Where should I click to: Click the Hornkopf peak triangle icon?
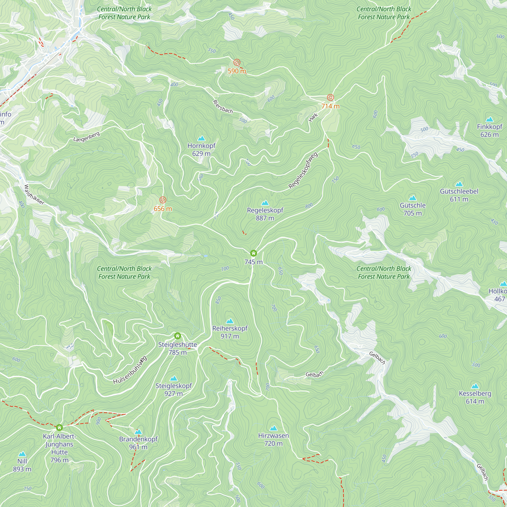click(201, 139)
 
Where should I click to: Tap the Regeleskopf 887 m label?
click(265, 214)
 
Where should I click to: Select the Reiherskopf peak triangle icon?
click(230, 321)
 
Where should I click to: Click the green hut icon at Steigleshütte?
click(177, 336)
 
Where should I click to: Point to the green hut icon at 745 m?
click(253, 253)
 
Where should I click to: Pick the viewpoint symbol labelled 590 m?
click(237, 62)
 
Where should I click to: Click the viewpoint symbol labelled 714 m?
click(330, 98)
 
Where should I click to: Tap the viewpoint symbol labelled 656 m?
click(163, 200)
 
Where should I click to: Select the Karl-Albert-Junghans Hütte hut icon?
click(59, 428)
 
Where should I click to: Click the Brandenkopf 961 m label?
click(138, 443)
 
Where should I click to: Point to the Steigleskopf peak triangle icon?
click(173, 379)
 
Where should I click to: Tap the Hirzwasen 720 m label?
click(274, 439)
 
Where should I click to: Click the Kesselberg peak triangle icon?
click(475, 386)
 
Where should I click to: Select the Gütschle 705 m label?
click(412, 209)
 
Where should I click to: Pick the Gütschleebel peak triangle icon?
click(459, 184)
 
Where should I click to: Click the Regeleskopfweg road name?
click(303, 170)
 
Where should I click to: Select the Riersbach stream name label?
click(223, 107)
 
